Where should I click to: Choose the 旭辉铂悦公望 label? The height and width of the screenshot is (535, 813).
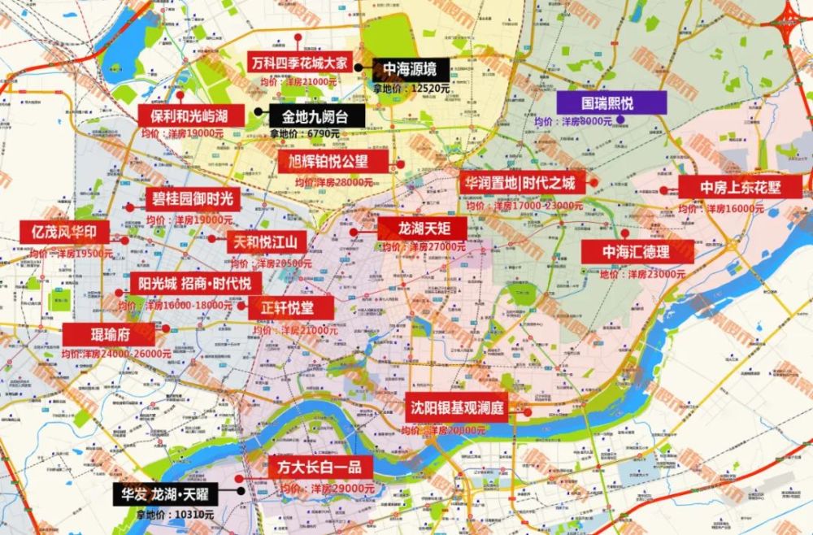[x=334, y=162]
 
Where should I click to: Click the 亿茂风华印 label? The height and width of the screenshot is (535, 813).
[x=64, y=233]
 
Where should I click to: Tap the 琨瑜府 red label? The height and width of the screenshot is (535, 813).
[x=110, y=333]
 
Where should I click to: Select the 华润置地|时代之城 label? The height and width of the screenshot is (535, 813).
[x=520, y=183]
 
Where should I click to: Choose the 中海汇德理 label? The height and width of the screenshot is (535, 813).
[x=636, y=252]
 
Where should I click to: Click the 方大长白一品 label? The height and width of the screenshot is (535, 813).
[x=314, y=468]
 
